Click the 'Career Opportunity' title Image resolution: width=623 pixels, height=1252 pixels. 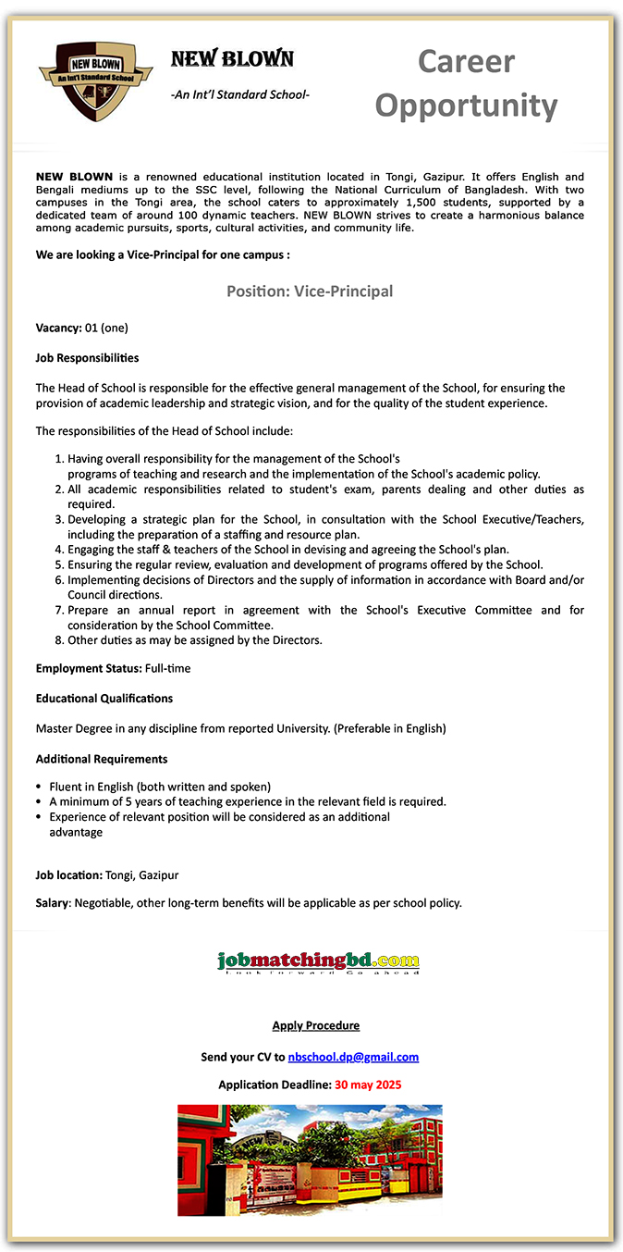tap(466, 83)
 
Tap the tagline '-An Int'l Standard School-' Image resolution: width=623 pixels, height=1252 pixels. tap(240, 94)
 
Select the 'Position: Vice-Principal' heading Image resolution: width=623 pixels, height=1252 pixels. tap(310, 291)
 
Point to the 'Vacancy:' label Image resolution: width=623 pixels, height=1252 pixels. tap(58, 328)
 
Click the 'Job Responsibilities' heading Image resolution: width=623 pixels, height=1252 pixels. tap(87, 357)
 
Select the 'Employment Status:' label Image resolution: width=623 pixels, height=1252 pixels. tap(89, 668)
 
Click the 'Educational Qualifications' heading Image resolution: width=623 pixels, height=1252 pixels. tap(104, 698)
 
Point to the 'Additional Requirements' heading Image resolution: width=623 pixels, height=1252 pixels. tap(102, 759)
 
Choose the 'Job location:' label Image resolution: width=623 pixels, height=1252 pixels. tap(68, 874)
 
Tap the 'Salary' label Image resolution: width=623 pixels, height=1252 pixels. tap(53, 902)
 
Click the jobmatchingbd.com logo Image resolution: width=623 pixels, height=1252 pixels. tap(318, 962)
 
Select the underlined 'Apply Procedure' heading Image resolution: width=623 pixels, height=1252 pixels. tap(315, 1025)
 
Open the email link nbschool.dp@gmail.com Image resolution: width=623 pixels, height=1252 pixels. tap(353, 1057)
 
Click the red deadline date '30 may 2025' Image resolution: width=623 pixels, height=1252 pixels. tap(368, 1085)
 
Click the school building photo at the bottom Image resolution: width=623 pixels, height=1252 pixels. tap(310, 1159)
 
